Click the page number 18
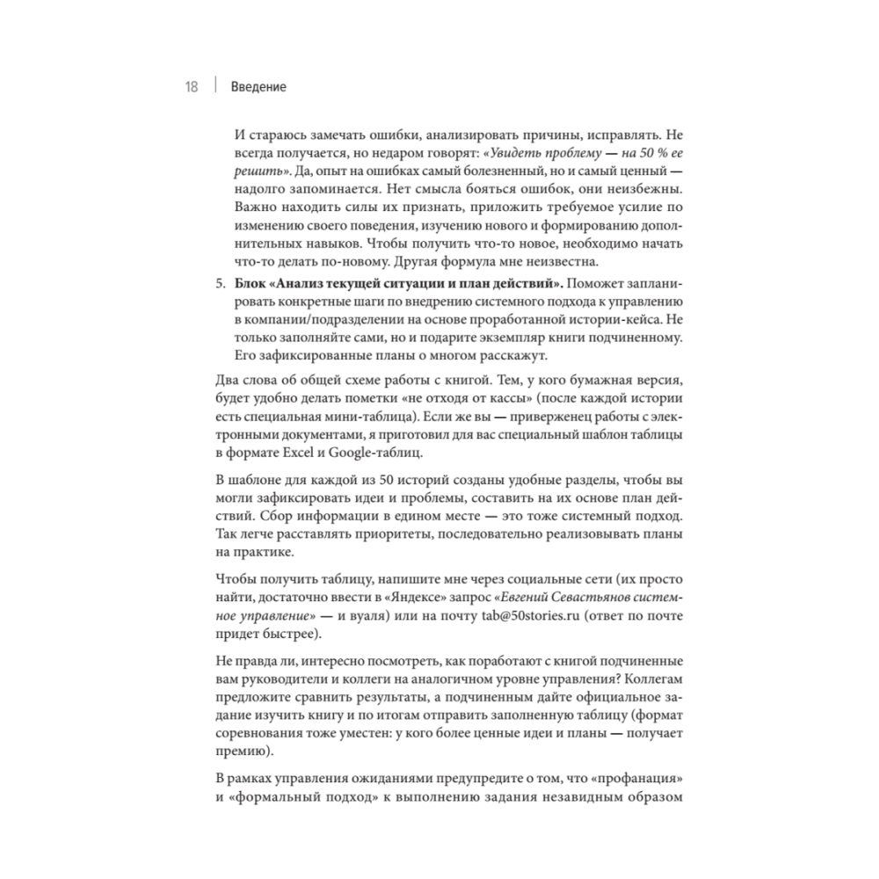(x=191, y=87)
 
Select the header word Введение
(x=258, y=87)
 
